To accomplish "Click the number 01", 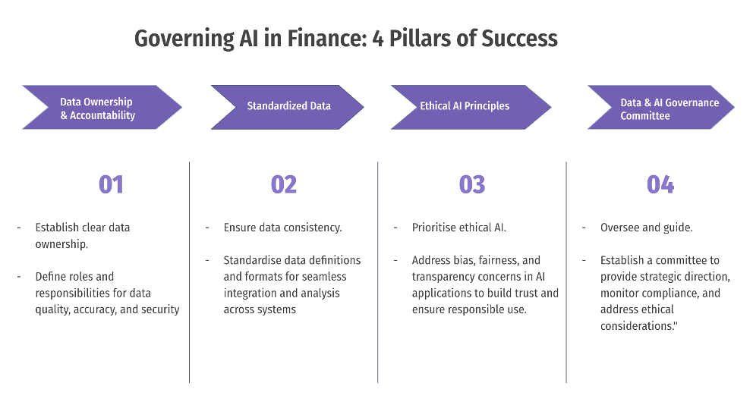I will click(x=111, y=184).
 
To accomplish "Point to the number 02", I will click(x=283, y=184).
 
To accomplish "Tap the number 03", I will click(x=471, y=184).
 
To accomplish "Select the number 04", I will click(x=660, y=184).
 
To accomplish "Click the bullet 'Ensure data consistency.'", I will click(x=282, y=228).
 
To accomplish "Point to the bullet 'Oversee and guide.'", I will click(x=646, y=228).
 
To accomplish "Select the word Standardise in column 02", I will click(x=254, y=260).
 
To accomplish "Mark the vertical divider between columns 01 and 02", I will click(x=189, y=273).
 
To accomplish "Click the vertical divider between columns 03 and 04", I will click(x=566, y=273).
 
